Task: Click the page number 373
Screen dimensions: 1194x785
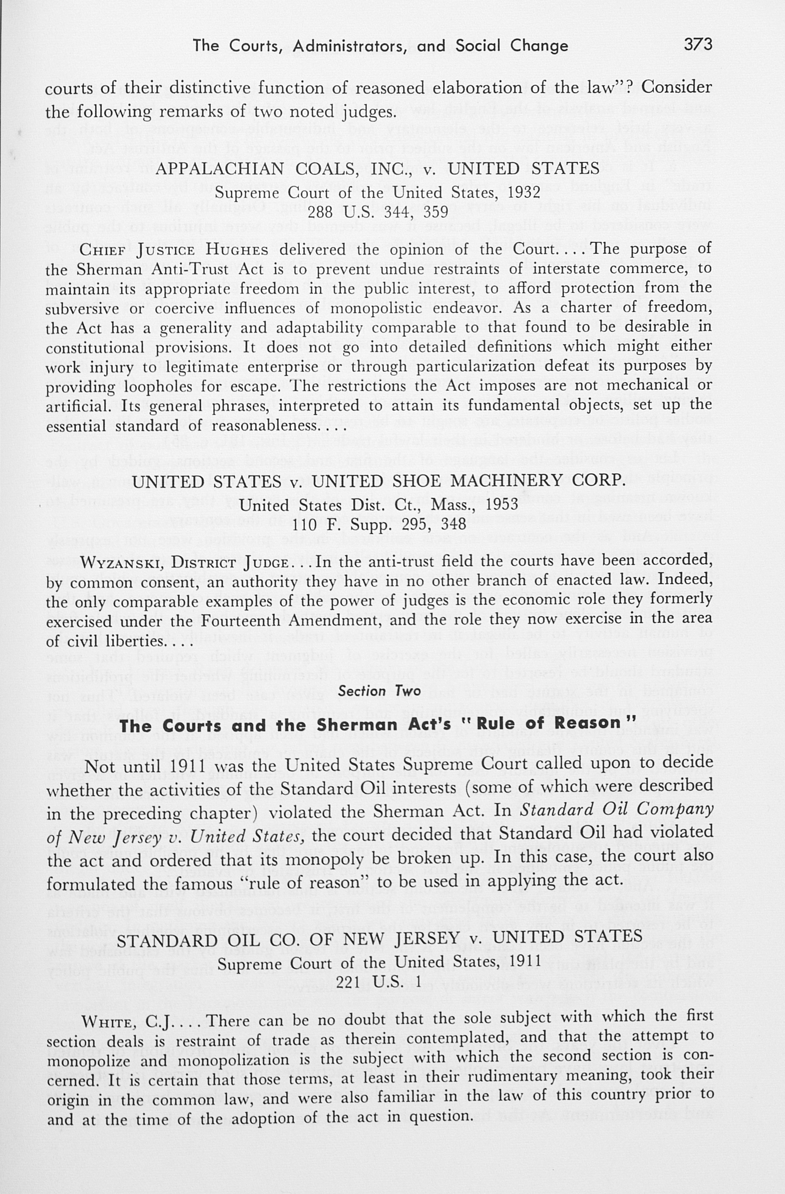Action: click(698, 45)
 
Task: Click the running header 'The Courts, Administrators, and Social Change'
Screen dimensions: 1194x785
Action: click(380, 46)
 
